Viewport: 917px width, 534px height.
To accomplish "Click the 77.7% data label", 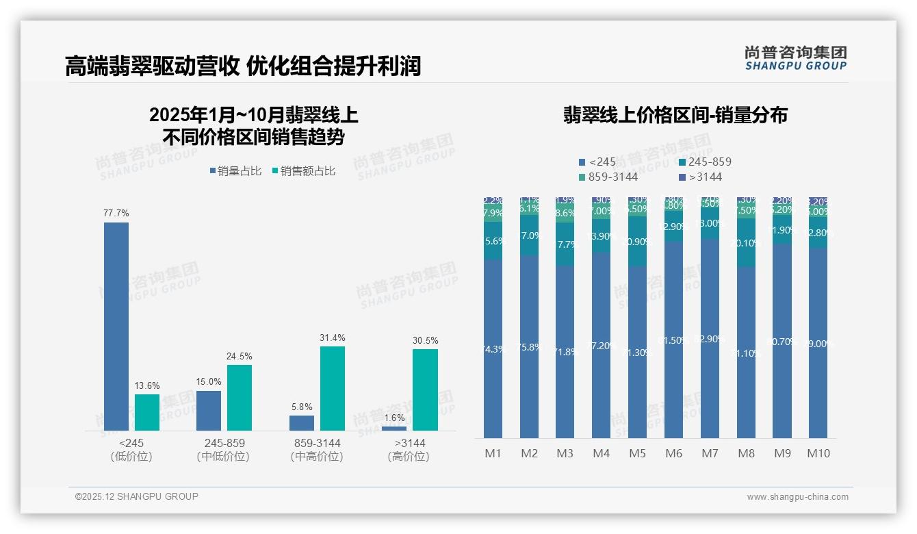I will click(x=116, y=214).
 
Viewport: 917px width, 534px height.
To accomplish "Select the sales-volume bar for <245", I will click(x=116, y=327).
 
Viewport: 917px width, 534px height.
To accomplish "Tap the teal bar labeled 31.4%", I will click(x=333, y=388).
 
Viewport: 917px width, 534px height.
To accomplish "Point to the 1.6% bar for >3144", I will click(x=394, y=429).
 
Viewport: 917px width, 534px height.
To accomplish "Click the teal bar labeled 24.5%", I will click(x=240, y=398).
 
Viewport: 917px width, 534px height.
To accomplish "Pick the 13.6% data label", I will click(x=147, y=386).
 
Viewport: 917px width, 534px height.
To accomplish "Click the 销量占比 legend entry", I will click(x=235, y=171).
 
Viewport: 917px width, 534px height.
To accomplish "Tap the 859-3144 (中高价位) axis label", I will click(x=316, y=450).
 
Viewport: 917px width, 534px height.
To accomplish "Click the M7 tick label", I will click(x=710, y=453).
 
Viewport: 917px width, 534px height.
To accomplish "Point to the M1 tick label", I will click(x=493, y=453).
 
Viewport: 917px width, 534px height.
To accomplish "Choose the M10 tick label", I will click(x=818, y=453).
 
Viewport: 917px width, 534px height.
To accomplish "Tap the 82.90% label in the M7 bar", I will click(x=710, y=339).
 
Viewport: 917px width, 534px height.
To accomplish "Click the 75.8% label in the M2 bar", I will click(x=529, y=347).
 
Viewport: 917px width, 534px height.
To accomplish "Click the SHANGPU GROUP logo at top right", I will click(x=795, y=58).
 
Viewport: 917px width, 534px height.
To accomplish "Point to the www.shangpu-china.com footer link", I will click(x=797, y=497).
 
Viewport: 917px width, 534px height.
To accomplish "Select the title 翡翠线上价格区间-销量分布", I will click(x=675, y=115).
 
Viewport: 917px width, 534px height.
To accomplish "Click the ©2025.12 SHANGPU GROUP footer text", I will click(x=137, y=496).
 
